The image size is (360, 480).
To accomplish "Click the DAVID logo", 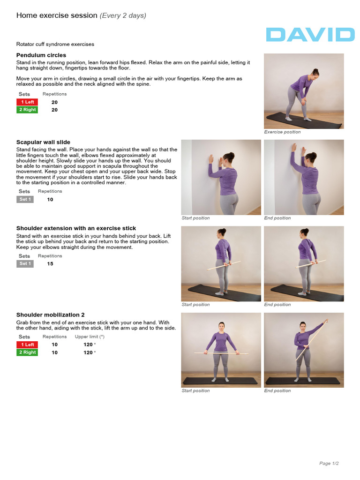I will [310, 35].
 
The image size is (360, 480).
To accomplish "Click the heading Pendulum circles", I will [41, 55].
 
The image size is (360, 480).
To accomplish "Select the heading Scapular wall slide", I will [43, 142].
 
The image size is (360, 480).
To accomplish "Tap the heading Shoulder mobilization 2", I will [50, 315].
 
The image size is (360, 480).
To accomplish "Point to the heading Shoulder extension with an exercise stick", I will [76, 228].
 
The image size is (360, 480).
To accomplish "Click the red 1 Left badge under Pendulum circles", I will [27, 102].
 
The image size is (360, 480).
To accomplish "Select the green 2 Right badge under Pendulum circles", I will [27, 110].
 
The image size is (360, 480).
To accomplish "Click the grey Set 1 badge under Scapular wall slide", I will [25, 199].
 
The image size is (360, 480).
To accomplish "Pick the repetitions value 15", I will [50, 264].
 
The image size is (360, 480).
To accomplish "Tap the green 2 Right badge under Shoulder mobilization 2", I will [27, 352].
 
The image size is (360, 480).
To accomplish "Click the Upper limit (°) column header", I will [90, 337].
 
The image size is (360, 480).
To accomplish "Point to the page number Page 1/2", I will [329, 464].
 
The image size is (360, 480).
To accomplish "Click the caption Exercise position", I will [282, 132].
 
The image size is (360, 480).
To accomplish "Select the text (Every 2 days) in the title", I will [123, 15].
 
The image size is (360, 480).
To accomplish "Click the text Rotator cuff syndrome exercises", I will [55, 44].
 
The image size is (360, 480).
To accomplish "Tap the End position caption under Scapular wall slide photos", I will [277, 218].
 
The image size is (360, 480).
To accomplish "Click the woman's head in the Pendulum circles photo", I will [315, 74].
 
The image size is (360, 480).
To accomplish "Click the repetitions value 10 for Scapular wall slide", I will [50, 199].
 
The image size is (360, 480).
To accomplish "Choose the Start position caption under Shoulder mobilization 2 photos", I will [195, 391].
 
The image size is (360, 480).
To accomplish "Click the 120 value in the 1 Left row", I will [88, 345].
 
